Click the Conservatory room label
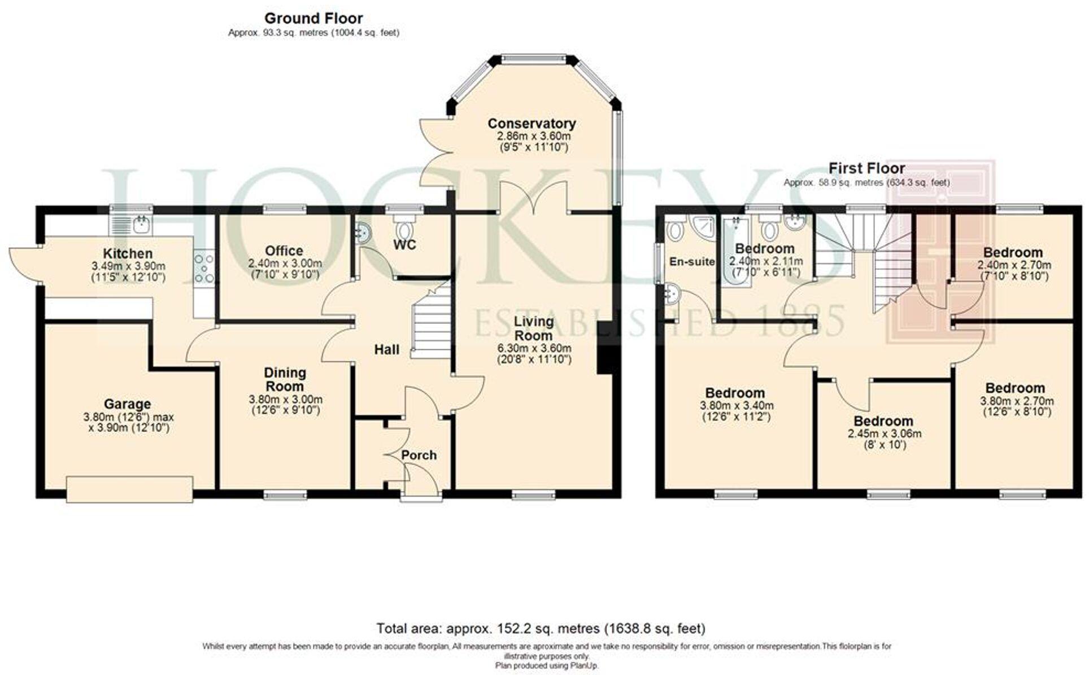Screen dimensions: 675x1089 pyautogui.click(x=532, y=124)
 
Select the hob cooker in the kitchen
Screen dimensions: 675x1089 pyautogui.click(x=204, y=268)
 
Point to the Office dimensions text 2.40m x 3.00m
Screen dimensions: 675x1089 pyautogui.click(x=285, y=264)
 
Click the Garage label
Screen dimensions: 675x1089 pyautogui.click(x=127, y=404)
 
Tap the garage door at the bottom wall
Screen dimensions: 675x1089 pyautogui.click(x=130, y=489)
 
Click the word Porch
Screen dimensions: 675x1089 pyautogui.click(x=419, y=455)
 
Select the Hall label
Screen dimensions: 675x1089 pyautogui.click(x=386, y=350)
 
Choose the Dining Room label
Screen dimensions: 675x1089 pyautogui.click(x=285, y=379)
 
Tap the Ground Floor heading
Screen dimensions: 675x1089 pyautogui.click(x=313, y=19)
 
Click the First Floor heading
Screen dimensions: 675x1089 pyautogui.click(x=866, y=168)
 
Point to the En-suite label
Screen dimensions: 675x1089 pyautogui.click(x=691, y=262)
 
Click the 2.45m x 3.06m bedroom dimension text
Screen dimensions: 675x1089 pyautogui.click(x=883, y=434)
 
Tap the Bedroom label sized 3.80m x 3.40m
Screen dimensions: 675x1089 pyautogui.click(x=735, y=393)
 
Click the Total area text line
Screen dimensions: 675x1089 pyautogui.click(x=541, y=628)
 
